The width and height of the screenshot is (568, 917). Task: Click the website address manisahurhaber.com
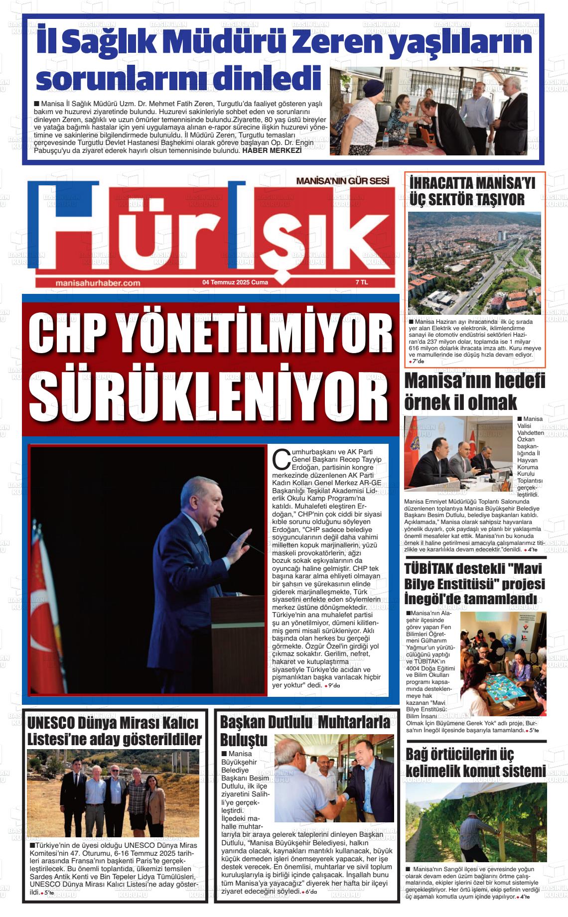[x=98, y=282]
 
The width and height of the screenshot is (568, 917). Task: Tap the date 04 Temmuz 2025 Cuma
[x=235, y=282]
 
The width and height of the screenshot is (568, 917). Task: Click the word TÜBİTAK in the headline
[x=429, y=568]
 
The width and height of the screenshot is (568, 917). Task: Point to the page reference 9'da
[x=332, y=686]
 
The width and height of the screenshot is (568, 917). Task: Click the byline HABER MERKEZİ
[x=272, y=150]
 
